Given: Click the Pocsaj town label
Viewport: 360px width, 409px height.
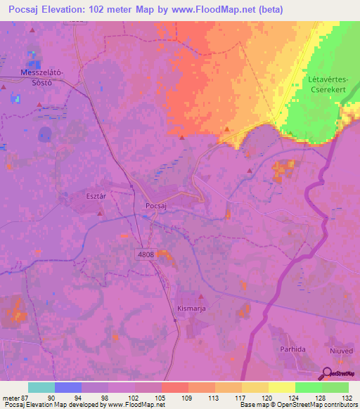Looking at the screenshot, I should click(155, 204).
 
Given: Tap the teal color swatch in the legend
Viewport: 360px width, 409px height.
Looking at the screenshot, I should click(41, 387).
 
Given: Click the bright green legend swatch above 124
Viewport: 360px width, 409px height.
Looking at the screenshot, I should click(309, 387).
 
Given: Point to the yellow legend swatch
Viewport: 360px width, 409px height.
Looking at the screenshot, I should click(282, 387).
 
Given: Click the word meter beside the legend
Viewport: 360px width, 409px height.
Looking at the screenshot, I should click(9, 397).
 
